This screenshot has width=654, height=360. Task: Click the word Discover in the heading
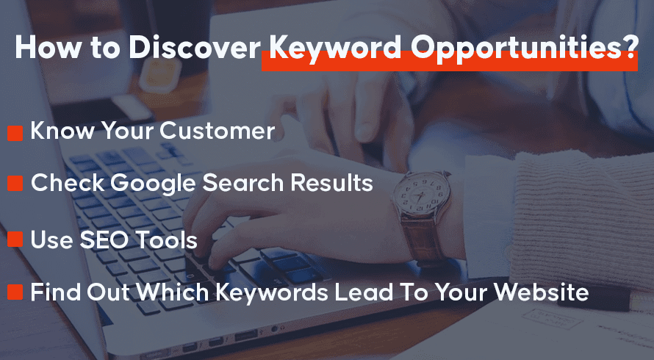[x=195, y=46]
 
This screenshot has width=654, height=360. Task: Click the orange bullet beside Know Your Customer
[x=15, y=134]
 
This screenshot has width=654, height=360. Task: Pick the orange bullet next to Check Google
[x=15, y=183]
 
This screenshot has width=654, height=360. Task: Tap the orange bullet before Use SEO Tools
[x=15, y=240]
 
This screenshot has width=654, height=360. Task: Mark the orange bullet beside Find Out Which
[x=15, y=292]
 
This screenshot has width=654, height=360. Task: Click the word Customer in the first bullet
[x=218, y=131]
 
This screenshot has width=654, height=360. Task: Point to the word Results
[x=332, y=183]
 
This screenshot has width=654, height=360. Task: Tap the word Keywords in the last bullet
[x=272, y=292]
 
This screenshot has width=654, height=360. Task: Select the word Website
[x=542, y=292]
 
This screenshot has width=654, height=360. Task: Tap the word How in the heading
[x=48, y=46]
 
